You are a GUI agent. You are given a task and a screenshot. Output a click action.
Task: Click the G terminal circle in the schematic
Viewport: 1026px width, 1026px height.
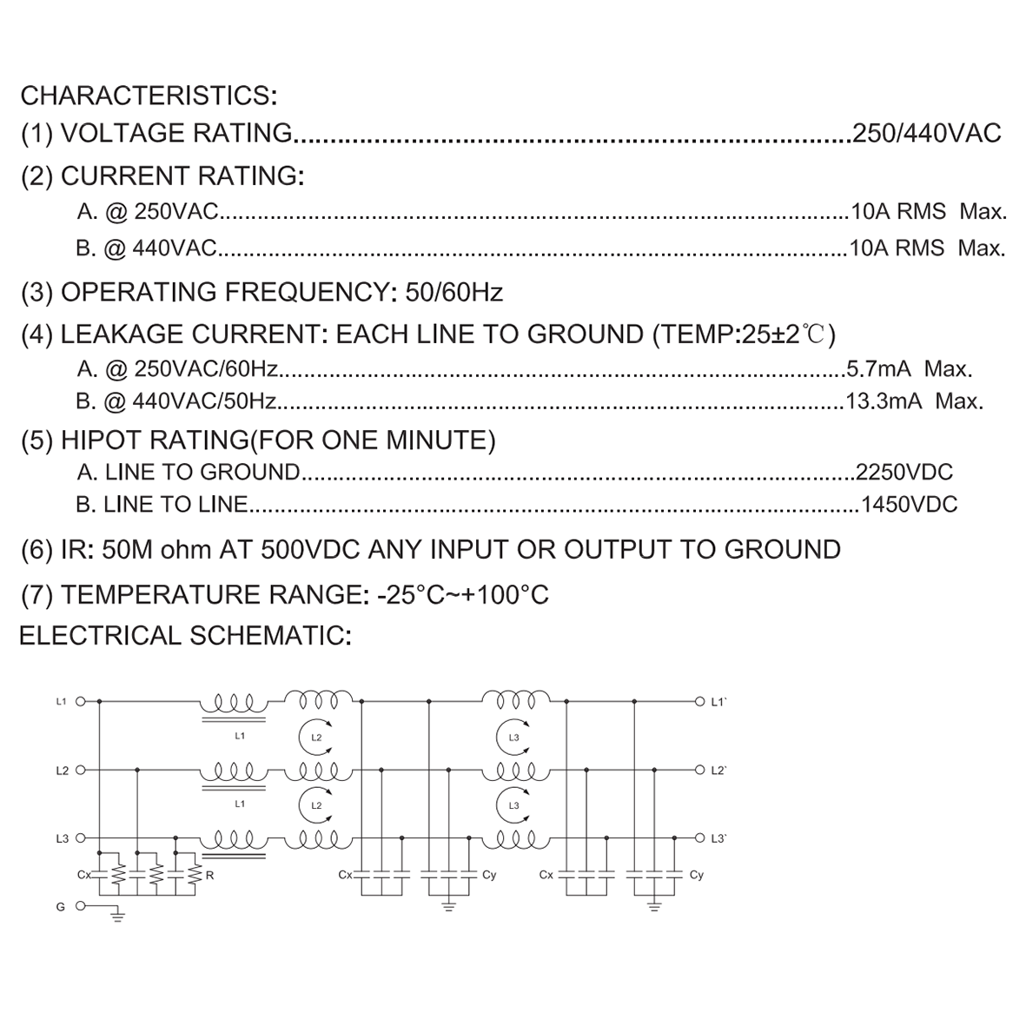[x=81, y=906]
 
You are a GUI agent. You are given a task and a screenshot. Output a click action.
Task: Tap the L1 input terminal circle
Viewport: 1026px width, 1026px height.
[x=81, y=701]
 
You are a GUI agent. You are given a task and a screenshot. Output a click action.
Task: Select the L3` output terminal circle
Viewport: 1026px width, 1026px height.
[x=699, y=838]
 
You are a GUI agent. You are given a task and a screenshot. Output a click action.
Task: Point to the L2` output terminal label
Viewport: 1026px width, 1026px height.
[x=718, y=771]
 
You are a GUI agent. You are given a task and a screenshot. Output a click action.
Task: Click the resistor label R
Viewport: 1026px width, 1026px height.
[x=209, y=875]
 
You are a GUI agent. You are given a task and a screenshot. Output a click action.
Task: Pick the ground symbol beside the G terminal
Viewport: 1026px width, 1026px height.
[x=117, y=916]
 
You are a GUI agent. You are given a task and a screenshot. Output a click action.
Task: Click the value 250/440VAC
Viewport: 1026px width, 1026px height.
[x=927, y=133]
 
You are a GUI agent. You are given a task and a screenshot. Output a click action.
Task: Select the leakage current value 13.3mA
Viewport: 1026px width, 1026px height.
[x=884, y=400]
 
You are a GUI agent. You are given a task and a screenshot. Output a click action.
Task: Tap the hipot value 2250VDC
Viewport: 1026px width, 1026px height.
[x=904, y=472]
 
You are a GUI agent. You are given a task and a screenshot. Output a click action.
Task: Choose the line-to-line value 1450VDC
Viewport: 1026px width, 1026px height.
[x=909, y=505]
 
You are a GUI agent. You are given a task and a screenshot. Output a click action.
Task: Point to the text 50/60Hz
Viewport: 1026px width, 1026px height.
[x=454, y=292]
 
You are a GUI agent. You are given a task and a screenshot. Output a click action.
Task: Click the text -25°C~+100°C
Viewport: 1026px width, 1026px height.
[x=463, y=595]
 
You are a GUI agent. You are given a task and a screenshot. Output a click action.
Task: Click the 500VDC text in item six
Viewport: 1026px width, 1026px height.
[x=311, y=550]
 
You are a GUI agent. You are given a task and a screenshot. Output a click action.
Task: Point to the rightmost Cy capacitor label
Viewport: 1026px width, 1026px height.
[x=696, y=875]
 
